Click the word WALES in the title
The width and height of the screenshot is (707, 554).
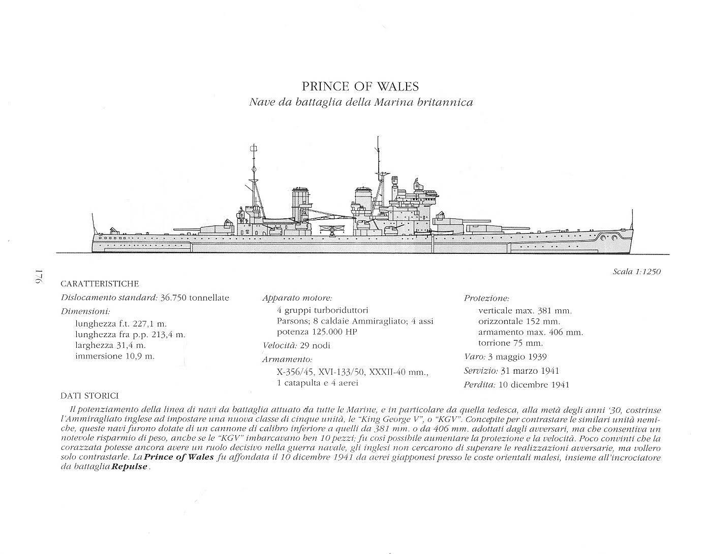(x=397, y=86)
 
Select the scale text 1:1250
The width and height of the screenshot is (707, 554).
(x=648, y=272)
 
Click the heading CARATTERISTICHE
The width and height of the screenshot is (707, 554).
(x=99, y=284)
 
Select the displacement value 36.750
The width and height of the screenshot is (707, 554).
(x=173, y=298)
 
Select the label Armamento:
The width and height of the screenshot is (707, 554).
(x=287, y=359)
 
